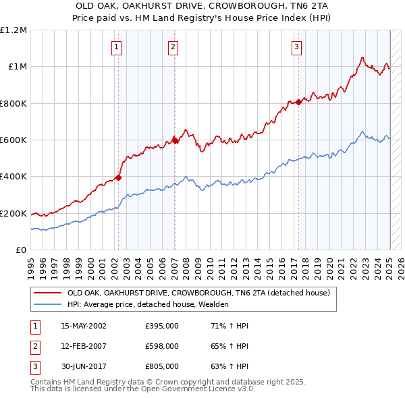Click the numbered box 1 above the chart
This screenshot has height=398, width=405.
coord(117,47)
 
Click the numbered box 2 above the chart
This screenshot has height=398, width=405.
coord(173,47)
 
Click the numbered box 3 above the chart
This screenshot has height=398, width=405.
coord(297,47)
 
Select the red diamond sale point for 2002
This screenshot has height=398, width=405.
coord(118,177)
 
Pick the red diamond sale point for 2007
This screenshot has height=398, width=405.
coord(175,140)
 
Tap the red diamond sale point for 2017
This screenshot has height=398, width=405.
coord(298,103)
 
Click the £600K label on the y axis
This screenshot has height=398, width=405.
coord(13,140)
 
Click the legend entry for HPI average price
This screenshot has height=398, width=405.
coord(148,304)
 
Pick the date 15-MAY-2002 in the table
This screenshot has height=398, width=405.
coord(84,326)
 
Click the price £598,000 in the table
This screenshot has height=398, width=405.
coord(162,346)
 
